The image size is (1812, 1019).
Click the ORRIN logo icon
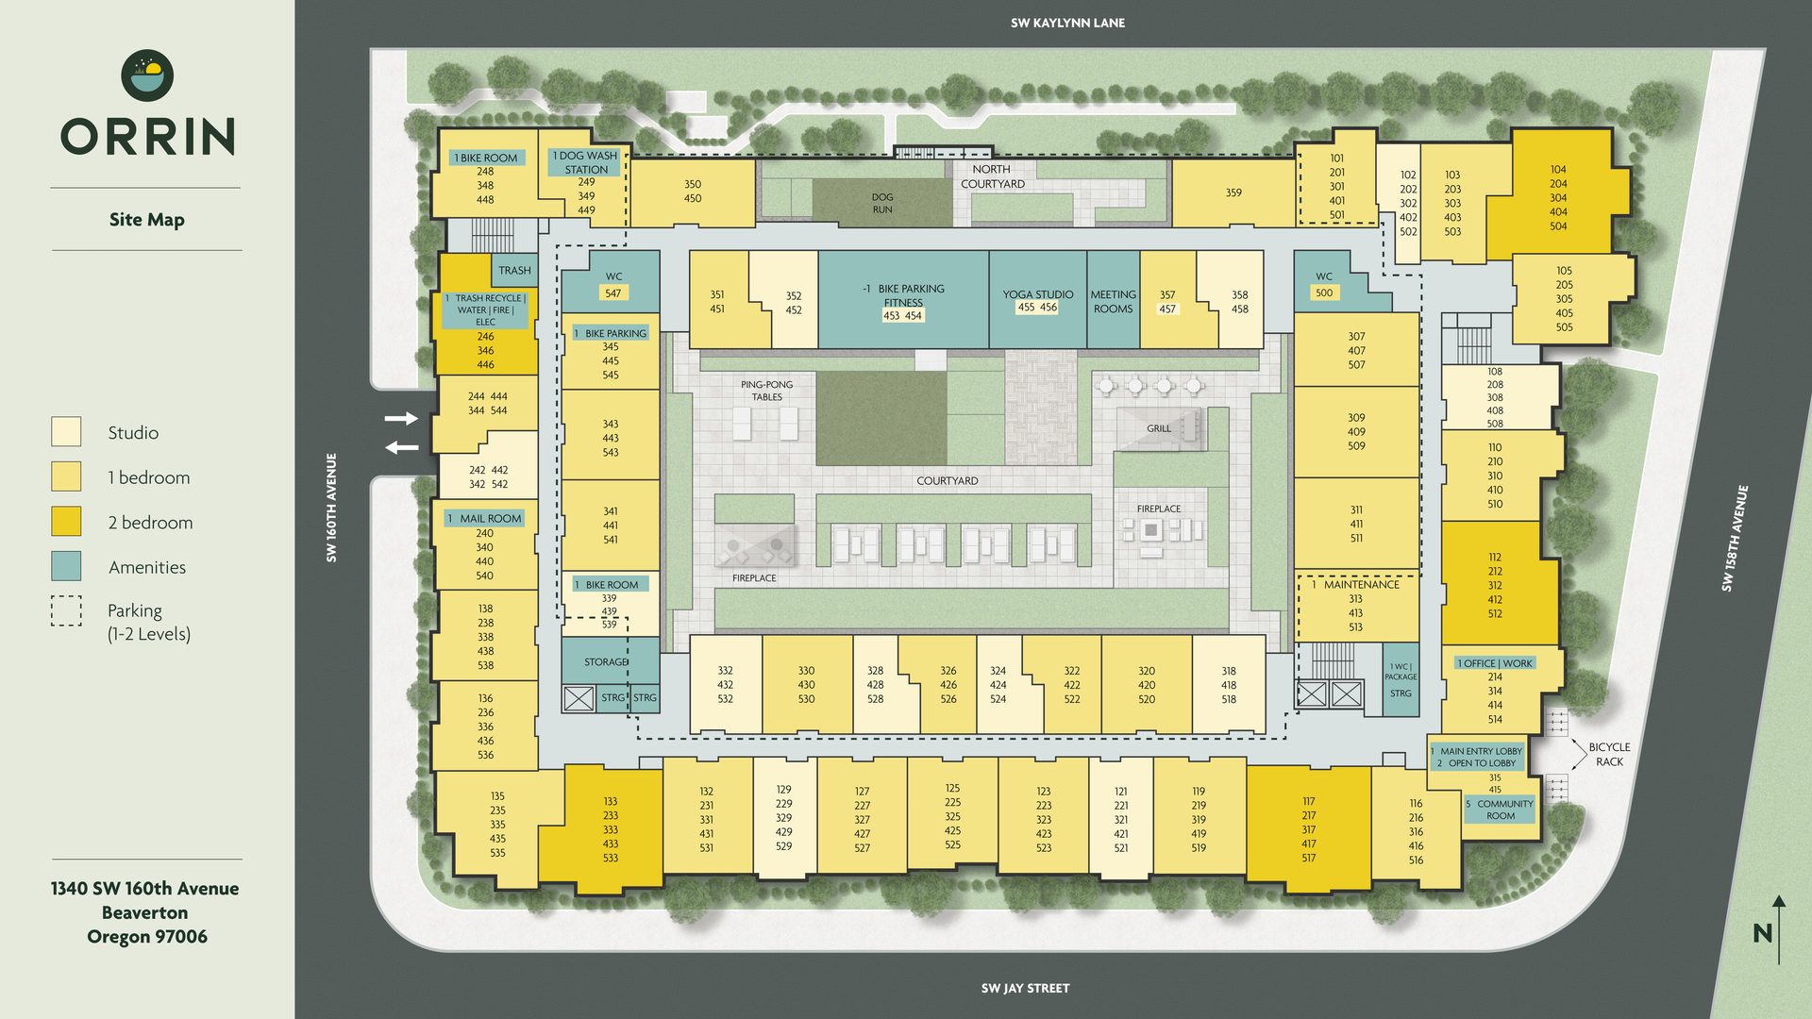[147, 75]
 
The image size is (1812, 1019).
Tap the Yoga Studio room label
[1037, 294]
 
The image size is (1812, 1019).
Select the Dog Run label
[881, 203]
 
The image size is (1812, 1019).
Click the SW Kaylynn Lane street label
[1067, 23]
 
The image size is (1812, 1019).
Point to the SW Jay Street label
[1025, 988]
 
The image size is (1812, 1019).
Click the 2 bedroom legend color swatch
[66, 522]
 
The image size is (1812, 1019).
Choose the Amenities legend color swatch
[66, 566]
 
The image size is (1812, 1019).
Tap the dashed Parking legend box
[66, 611]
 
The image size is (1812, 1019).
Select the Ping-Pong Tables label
[766, 391]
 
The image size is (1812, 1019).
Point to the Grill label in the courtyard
[1158, 428]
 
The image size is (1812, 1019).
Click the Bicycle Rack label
[1609, 754]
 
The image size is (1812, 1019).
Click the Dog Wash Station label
[586, 162]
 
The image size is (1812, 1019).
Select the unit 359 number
[1233, 192]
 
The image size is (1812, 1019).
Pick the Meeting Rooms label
[1113, 302]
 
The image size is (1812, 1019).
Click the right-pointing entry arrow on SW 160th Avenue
[401, 418]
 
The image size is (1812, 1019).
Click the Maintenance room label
[1361, 585]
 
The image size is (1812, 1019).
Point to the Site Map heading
[147, 220]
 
